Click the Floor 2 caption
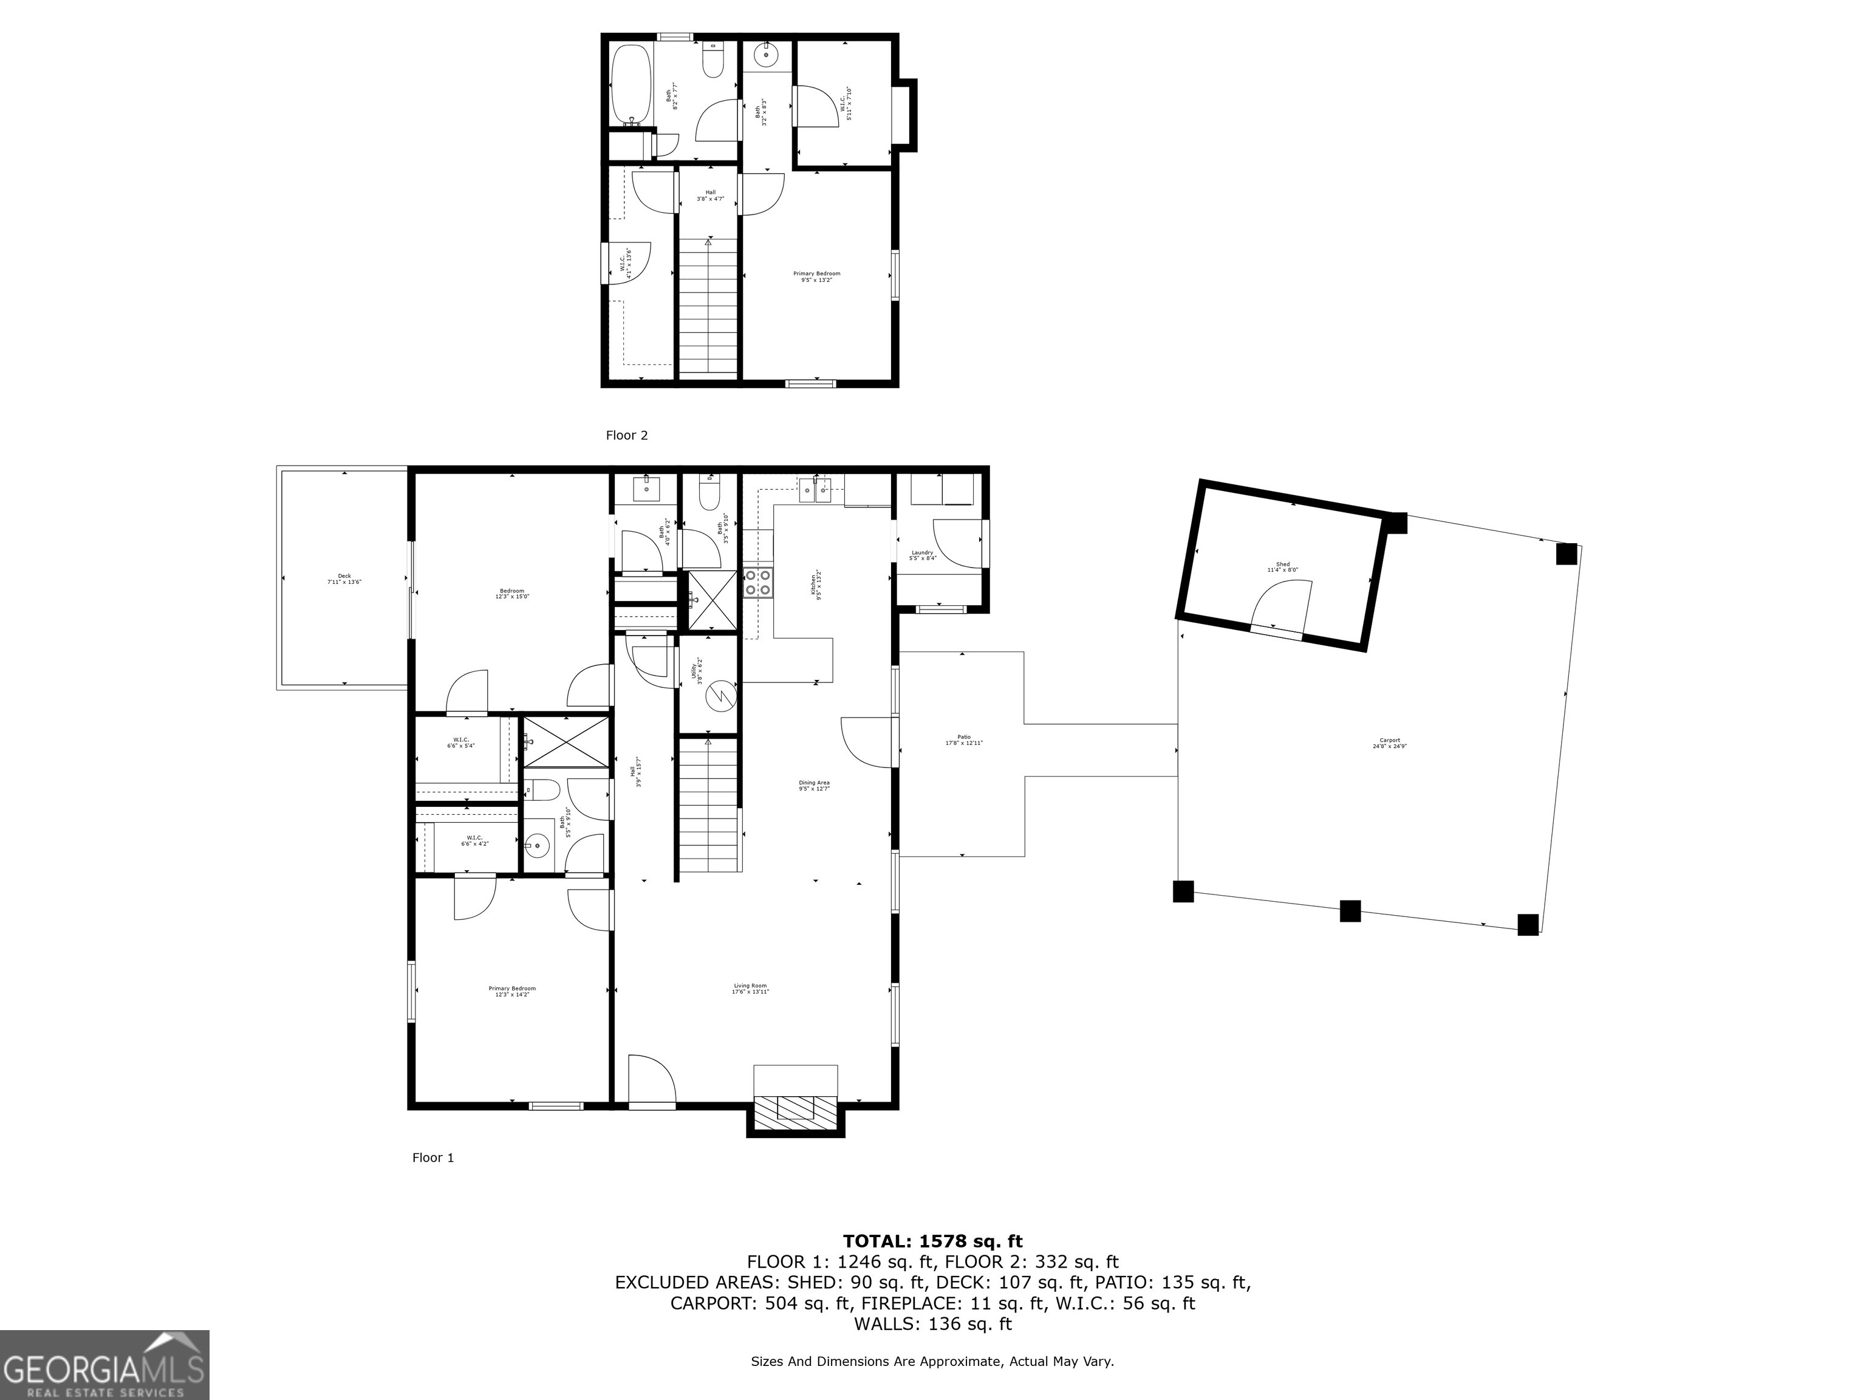pos(627,436)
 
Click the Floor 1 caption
pos(432,1158)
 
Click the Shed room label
pos(1282,567)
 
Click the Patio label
pos(963,740)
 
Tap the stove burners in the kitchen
pos(757,582)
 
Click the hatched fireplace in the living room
pos(795,1112)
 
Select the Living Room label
pos(750,989)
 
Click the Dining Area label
pos(814,786)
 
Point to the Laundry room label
pos(922,555)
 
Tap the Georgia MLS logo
pos(104,1365)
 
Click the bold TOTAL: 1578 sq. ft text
pos(932,1241)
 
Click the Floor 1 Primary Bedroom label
pos(512,992)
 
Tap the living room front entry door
pos(651,1081)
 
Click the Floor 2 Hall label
pos(710,195)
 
